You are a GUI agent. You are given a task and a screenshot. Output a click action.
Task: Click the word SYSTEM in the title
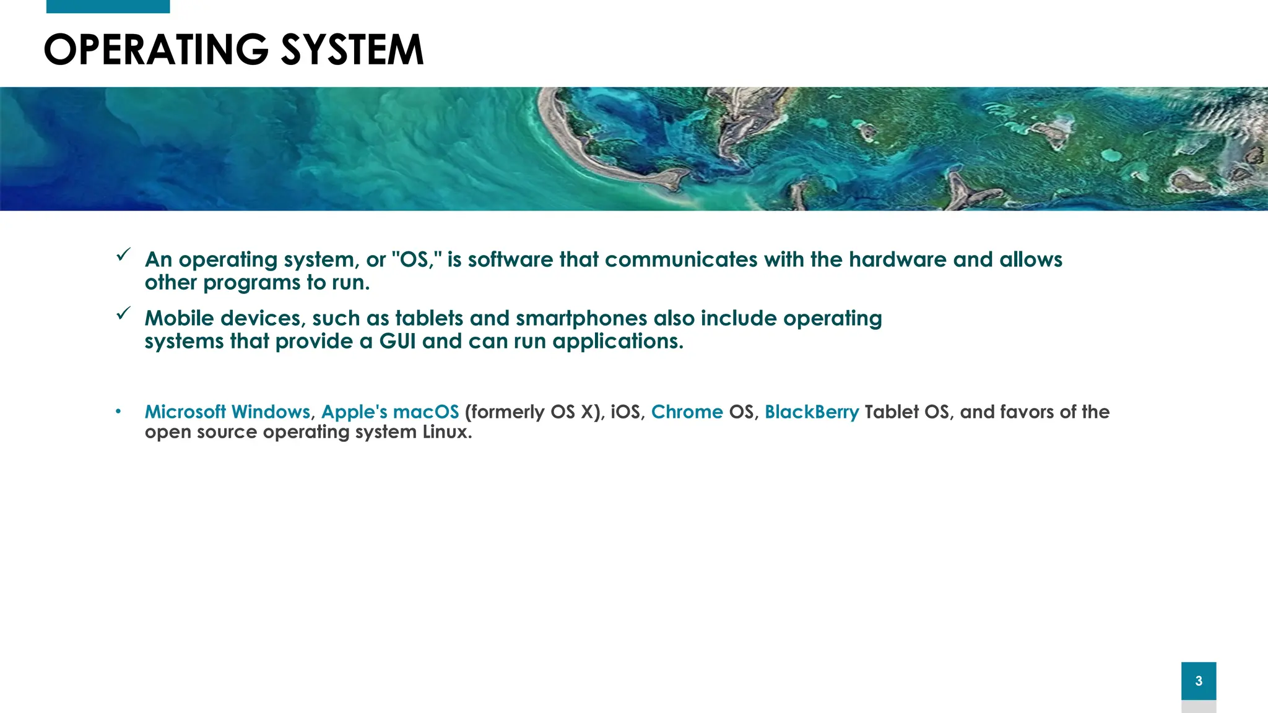(x=352, y=50)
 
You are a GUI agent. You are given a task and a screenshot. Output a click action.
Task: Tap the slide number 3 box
(x=1198, y=681)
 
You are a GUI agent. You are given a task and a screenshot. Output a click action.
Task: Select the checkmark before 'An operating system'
(x=123, y=254)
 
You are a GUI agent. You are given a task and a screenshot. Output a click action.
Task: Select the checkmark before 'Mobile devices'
(x=123, y=313)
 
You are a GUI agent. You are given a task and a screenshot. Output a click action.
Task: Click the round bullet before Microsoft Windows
(x=118, y=412)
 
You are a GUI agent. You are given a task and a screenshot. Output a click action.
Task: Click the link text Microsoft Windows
(x=227, y=412)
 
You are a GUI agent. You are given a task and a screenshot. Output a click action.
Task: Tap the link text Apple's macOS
(x=390, y=412)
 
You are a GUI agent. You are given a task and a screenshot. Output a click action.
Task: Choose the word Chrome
(x=687, y=412)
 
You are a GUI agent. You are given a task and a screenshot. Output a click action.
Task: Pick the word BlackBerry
(x=812, y=412)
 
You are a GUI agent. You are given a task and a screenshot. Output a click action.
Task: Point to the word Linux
(x=446, y=431)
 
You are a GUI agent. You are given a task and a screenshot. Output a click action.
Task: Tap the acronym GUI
(x=397, y=341)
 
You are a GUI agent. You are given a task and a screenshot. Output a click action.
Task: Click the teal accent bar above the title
(x=108, y=6)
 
